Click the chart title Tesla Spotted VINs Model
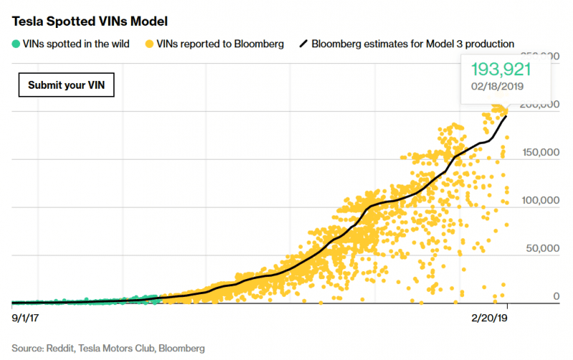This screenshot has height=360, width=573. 90,21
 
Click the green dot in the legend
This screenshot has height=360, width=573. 16,44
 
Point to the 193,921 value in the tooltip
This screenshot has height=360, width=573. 500,69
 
